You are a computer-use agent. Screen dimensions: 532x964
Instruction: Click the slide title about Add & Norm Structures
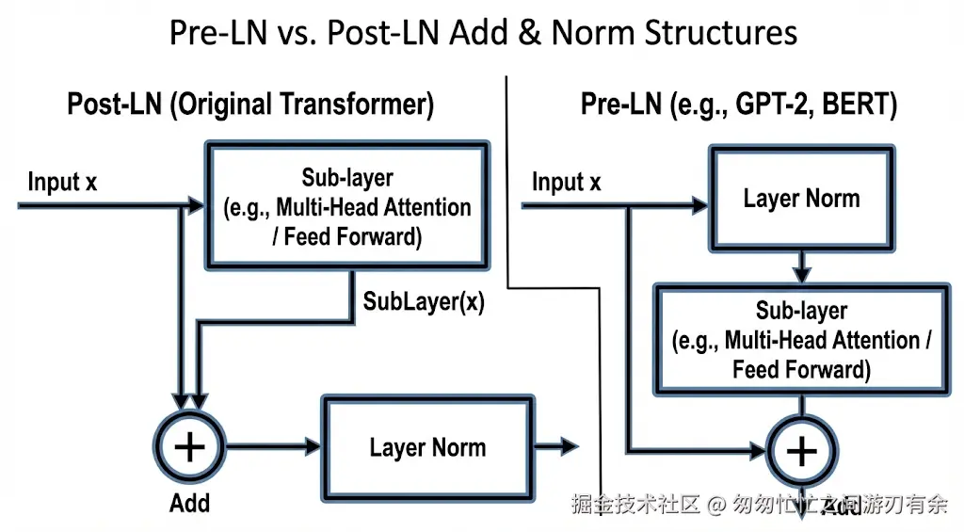[483, 33]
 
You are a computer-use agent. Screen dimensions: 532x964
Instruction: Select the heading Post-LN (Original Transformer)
[250, 105]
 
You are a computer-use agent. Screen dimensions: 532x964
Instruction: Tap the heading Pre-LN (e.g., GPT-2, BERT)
[738, 105]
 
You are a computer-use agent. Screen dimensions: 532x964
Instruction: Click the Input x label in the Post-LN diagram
[62, 182]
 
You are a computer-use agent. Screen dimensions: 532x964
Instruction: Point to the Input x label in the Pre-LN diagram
[567, 182]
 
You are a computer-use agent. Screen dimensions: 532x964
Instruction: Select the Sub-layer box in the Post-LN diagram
[346, 207]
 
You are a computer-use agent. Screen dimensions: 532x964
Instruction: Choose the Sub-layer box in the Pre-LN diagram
[801, 339]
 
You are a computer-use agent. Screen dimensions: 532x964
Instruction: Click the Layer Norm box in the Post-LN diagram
[427, 447]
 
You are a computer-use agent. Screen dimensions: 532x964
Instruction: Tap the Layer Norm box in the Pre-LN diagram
[801, 199]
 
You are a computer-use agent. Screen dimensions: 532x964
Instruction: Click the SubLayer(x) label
[424, 302]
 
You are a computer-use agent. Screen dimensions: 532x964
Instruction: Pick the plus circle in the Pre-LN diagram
[801, 451]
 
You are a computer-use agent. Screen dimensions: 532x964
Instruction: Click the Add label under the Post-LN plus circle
[189, 503]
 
